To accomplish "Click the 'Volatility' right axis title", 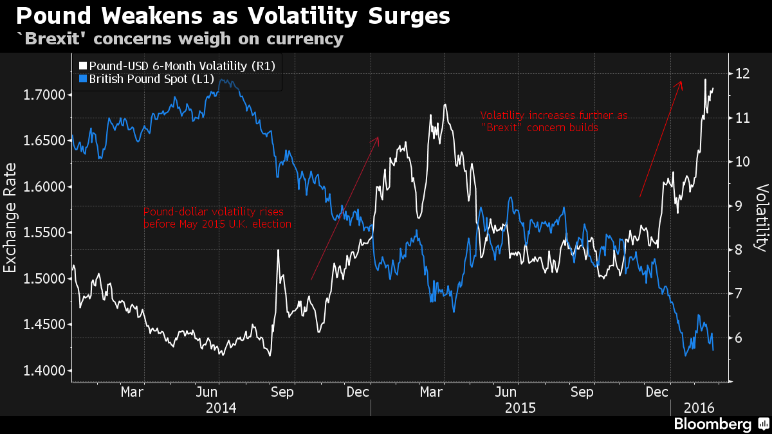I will pyautogui.click(x=762, y=217).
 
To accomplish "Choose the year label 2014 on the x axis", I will pyautogui.click(x=221, y=408).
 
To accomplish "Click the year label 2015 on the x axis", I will pyautogui.click(x=521, y=408).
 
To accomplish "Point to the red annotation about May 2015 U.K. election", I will pyautogui.click(x=217, y=218).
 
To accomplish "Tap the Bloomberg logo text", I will pyautogui.click(x=712, y=424).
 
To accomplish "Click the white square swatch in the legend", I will pyautogui.click(x=82, y=66).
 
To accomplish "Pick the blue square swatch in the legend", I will pyautogui.click(x=82, y=79).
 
